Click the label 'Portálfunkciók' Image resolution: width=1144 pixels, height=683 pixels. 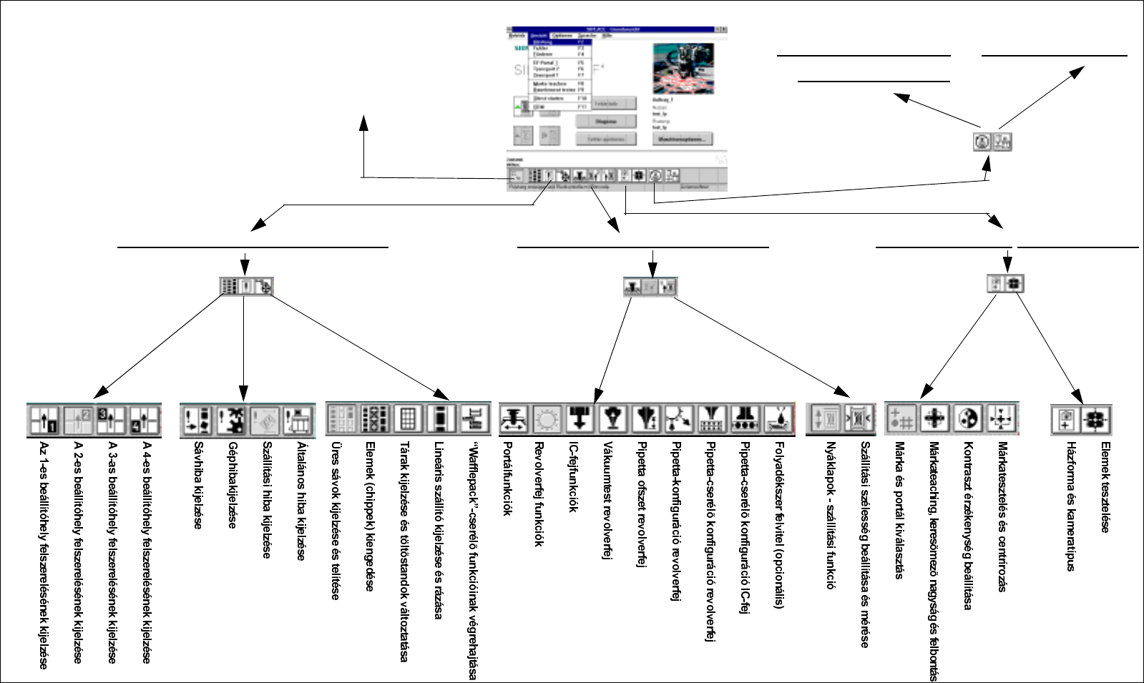507,478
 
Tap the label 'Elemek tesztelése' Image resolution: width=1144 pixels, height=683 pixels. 1105,487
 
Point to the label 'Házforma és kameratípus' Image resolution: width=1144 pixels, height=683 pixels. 1071,506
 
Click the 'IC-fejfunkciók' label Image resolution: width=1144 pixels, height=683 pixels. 573,477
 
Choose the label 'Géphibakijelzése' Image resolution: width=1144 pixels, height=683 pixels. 233,485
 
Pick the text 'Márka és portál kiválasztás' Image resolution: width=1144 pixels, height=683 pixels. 899,510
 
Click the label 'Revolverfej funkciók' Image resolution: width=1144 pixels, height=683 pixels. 540,494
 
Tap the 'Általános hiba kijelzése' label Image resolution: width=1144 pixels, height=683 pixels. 301,501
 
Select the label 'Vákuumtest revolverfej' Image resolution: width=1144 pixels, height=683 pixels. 607,500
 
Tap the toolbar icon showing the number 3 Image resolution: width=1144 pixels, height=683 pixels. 112,420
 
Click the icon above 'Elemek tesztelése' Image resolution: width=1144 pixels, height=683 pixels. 1095,420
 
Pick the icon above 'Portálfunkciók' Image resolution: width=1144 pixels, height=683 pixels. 514,419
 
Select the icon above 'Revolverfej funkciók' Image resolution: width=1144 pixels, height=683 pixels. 547,419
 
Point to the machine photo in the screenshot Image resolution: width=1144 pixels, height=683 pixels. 683,69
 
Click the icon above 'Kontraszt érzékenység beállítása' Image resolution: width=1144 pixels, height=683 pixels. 968,418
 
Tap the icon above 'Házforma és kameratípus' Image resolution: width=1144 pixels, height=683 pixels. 1065,420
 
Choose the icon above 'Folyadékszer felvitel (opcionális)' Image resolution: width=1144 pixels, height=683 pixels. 778,419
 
